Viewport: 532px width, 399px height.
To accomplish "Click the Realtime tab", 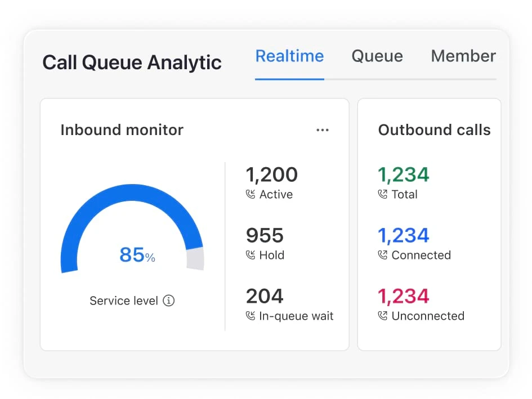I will [x=289, y=56].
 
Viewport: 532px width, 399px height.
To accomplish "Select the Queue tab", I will [x=377, y=56].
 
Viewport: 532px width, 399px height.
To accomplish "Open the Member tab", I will [x=463, y=56].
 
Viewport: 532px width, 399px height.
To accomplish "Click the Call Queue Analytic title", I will [x=132, y=62].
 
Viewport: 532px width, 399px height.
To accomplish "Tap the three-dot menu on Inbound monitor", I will [x=322, y=130].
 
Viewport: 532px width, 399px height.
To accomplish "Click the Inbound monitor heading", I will [x=122, y=130].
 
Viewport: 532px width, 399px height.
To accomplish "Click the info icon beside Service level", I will [x=169, y=301].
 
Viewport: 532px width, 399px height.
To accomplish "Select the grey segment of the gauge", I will [x=195, y=258].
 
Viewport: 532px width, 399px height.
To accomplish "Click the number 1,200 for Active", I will [x=271, y=175].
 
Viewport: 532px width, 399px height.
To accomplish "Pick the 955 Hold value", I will [x=265, y=236].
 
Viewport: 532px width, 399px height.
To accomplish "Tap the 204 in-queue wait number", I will [x=265, y=297].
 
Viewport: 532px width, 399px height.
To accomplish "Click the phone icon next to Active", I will [x=251, y=195].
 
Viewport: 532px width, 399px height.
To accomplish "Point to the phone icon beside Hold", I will [x=251, y=255].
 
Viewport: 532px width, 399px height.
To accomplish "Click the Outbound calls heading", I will [x=434, y=130].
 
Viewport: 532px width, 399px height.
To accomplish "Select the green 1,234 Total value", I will [x=403, y=175].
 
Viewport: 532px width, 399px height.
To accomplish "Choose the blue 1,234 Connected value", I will [x=403, y=236].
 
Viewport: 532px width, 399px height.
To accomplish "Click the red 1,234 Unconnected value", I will [x=403, y=297].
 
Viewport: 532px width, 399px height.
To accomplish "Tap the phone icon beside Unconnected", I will [x=383, y=316].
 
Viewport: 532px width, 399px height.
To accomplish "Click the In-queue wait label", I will [x=296, y=316].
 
